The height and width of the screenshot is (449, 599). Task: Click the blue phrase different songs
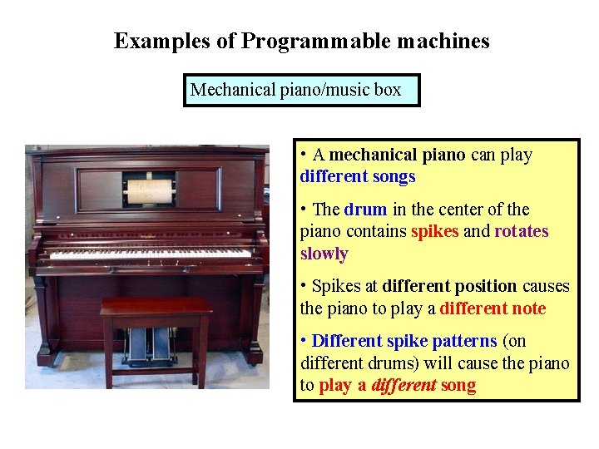358,176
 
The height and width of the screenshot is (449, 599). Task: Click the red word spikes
435,231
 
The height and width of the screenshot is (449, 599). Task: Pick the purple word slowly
324,254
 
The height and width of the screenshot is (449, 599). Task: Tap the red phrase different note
493,308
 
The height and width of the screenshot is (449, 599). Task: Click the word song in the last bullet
459,385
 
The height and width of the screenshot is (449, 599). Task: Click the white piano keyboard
150,252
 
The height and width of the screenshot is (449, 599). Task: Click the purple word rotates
522,231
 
